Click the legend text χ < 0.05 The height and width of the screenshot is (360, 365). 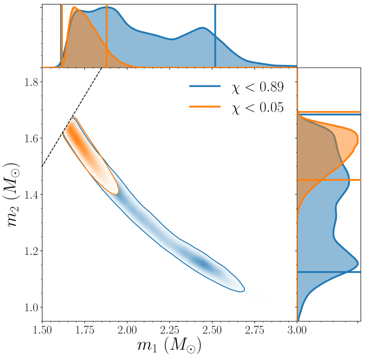256,107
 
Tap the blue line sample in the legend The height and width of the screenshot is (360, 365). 205,86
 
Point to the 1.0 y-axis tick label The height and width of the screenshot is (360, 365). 28,307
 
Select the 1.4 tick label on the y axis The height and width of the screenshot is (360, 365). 28,195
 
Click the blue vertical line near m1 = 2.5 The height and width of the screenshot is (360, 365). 215,32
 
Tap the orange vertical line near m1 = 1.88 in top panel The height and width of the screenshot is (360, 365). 107,32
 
